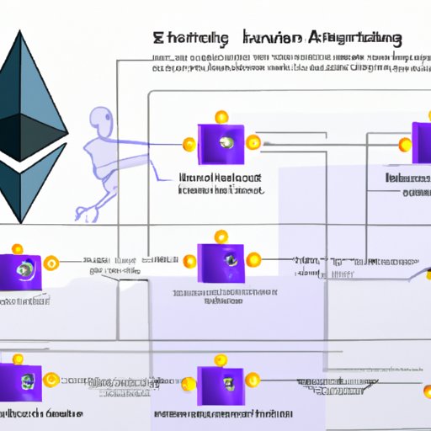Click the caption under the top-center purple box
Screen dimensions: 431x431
click(221, 184)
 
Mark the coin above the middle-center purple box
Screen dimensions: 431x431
click(221, 235)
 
